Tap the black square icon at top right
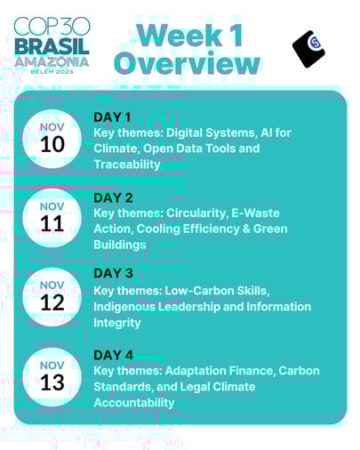[x=308, y=49]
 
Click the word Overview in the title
[x=187, y=63]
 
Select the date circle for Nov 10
[x=52, y=139]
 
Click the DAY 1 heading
[x=112, y=117]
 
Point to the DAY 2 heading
[x=113, y=197]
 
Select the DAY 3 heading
[x=113, y=273]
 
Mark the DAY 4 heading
[x=113, y=355]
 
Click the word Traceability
[x=127, y=165]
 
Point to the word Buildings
[x=120, y=245]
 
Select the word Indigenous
[x=127, y=307]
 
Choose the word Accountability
[x=134, y=403]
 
